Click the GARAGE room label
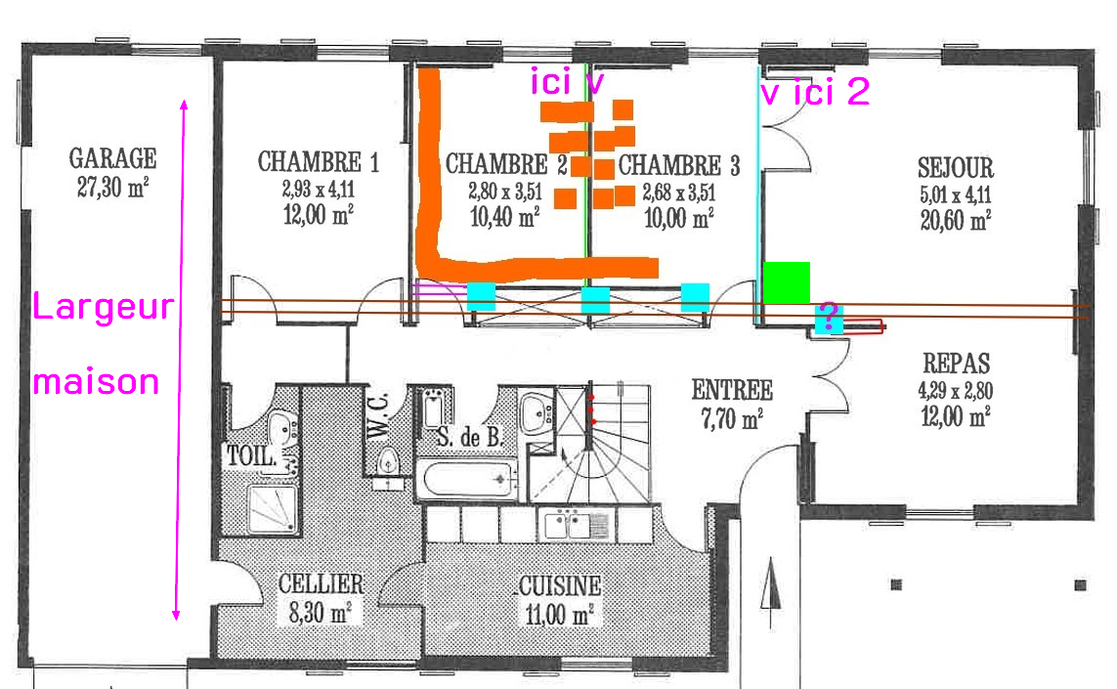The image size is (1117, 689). [112, 158]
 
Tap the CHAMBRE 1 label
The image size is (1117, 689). [318, 161]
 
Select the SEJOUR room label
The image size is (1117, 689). [956, 167]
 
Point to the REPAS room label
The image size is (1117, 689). [956, 364]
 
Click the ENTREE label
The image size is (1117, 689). [732, 390]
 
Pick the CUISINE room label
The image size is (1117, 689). [560, 585]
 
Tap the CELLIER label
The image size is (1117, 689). [321, 583]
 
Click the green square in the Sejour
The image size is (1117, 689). [787, 282]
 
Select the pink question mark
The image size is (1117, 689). [828, 315]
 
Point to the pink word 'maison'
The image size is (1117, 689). [96, 382]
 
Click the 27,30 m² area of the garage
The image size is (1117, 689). [112, 188]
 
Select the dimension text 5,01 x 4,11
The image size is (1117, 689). [956, 194]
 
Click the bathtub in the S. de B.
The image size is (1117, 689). [467, 479]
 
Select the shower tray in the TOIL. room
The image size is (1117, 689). [272, 509]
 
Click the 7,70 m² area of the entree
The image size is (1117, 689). [732, 418]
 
